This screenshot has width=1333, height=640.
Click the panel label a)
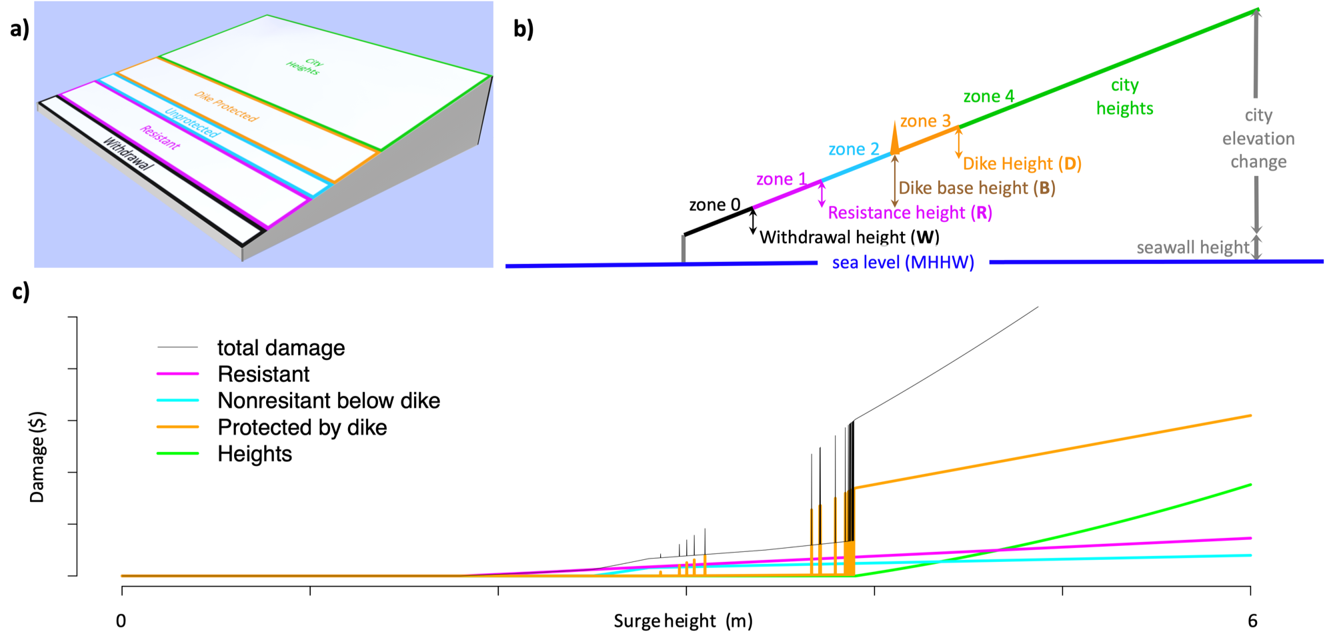(x=19, y=29)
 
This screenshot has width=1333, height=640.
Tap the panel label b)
(x=523, y=29)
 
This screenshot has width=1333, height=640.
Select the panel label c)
(x=21, y=291)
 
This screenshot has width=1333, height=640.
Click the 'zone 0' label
(x=714, y=205)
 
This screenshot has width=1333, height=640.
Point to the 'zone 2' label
(x=854, y=149)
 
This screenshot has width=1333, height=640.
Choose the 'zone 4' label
(x=988, y=97)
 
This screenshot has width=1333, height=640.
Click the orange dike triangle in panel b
(x=895, y=138)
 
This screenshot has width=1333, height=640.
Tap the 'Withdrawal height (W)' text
(x=849, y=237)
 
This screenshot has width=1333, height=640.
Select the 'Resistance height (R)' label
(x=910, y=213)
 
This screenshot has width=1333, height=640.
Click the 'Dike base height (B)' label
(x=976, y=188)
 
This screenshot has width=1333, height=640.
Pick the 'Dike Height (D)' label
(x=1022, y=163)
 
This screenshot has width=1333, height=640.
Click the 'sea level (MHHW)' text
(x=903, y=263)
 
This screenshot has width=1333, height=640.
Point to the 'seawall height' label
(x=1192, y=248)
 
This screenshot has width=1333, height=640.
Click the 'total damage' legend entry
(x=281, y=348)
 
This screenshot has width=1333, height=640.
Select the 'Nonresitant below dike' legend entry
(x=328, y=401)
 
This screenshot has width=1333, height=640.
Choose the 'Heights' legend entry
(x=255, y=454)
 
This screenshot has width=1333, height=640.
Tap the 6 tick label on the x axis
(x=1252, y=621)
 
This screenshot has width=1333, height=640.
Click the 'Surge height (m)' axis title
(x=683, y=621)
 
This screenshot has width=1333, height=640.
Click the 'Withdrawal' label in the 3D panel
(x=127, y=154)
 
